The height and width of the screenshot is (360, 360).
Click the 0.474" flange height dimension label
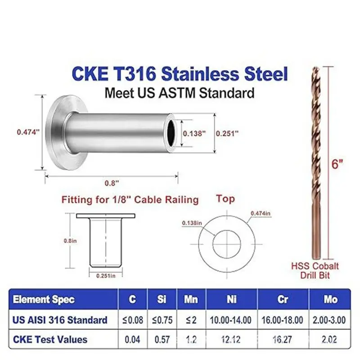click(28, 132)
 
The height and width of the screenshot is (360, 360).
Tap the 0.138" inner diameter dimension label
click(194, 133)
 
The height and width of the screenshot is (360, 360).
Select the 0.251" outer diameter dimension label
click(227, 133)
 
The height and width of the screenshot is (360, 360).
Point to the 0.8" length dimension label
click(112, 183)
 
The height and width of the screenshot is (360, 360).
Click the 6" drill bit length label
click(337, 164)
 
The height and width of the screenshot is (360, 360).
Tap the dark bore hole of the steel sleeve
click(171, 133)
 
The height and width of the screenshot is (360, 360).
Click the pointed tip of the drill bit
click(315, 67)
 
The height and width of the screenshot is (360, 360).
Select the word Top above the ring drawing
click(225, 198)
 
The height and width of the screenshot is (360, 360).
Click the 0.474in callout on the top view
click(261, 213)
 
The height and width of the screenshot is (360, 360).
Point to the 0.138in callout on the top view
click(192, 223)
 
